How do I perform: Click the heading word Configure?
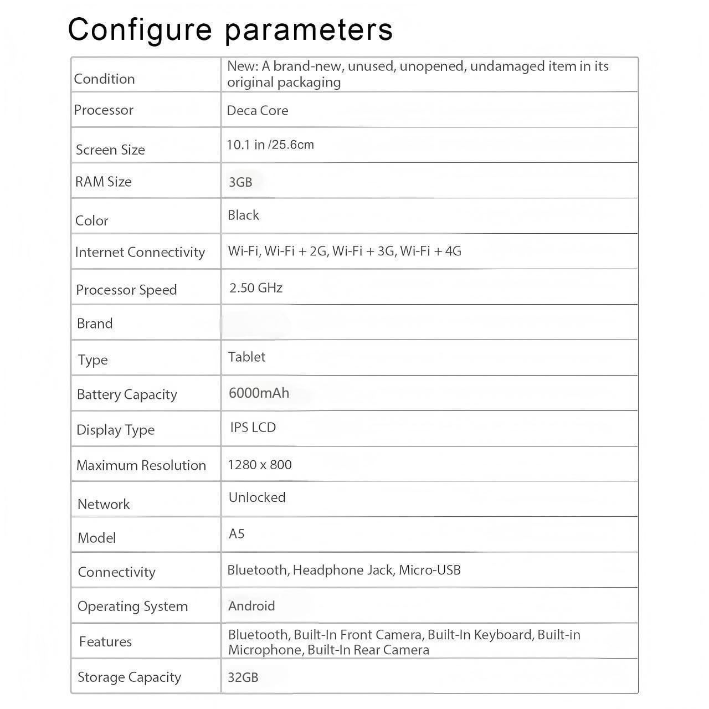point(140,30)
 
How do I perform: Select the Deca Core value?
point(258,111)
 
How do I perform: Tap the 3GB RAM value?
point(240,182)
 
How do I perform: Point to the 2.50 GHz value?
point(256,288)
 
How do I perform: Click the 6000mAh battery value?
point(259,393)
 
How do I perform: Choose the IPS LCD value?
point(253,428)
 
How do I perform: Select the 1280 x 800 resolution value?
point(260,465)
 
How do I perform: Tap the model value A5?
point(237,534)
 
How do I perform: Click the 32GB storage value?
point(243,677)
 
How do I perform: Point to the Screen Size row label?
point(110,150)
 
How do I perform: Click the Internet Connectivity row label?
point(140,253)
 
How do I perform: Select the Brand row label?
point(95,324)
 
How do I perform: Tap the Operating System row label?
point(132,607)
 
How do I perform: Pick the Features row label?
point(105,642)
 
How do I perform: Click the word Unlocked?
point(257,497)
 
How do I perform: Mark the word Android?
point(251,606)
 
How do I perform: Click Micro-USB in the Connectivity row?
point(430,570)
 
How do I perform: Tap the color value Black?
point(243,215)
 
